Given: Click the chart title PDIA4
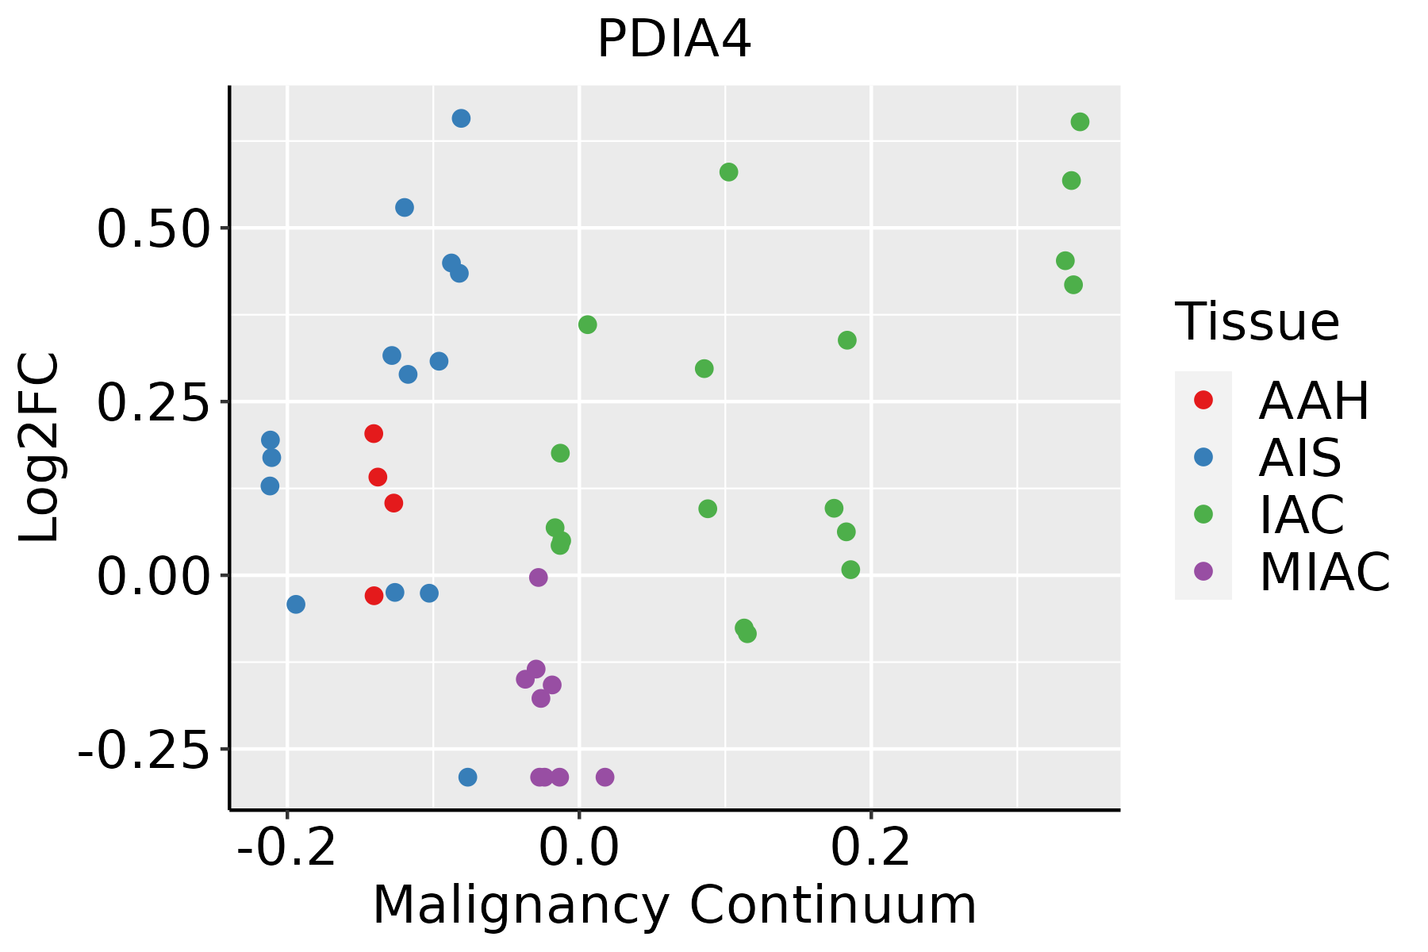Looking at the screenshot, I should [674, 40].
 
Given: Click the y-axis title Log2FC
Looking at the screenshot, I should [40, 447].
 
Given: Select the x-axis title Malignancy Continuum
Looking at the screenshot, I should [674, 906].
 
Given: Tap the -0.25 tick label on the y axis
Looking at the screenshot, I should [140, 750].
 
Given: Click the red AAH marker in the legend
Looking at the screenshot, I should [1203, 400].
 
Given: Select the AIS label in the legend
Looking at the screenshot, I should [1299, 458].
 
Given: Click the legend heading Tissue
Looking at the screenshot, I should [1257, 322].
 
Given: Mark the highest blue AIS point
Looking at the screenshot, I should [461, 119].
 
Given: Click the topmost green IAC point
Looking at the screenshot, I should [1080, 122].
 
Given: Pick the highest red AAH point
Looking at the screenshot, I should [374, 434].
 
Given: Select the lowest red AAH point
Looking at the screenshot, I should [374, 596].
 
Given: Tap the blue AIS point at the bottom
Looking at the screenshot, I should [468, 777].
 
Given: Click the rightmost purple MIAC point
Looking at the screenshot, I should [605, 777].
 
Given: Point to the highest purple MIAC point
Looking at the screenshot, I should [539, 578].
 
